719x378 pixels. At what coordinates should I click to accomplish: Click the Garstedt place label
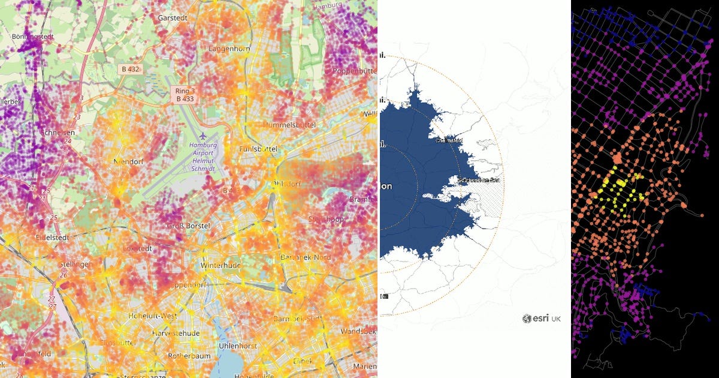click(173, 18)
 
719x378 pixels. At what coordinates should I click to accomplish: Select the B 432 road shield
click(128, 70)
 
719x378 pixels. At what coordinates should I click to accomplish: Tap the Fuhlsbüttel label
click(259, 148)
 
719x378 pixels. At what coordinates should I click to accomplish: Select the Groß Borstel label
click(189, 226)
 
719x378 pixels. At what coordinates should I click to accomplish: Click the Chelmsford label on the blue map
click(449, 141)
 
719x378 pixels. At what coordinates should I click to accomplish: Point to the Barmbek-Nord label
click(306, 257)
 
